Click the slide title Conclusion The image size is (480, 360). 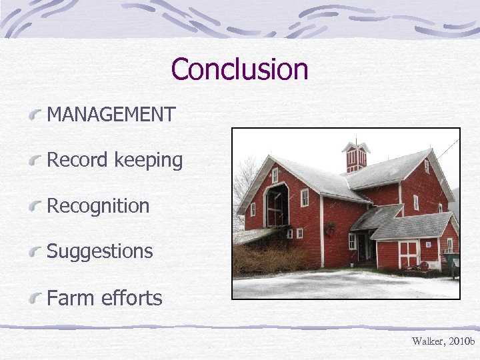[239, 69]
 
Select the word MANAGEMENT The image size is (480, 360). [111, 115]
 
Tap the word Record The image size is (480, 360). [77, 160]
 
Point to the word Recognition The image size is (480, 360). [98, 206]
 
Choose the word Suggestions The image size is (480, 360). [99, 252]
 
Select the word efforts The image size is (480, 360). [132, 297]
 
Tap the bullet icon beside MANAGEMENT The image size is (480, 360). [37, 115]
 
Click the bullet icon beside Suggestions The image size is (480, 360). [37, 252]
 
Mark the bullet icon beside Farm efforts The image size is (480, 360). [37, 297]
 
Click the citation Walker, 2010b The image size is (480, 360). [442, 341]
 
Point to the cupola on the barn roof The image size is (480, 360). [355, 155]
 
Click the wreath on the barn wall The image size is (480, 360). [330, 229]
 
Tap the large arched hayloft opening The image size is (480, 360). [275, 206]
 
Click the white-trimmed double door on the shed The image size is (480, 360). [408, 253]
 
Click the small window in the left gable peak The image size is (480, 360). [275, 175]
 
